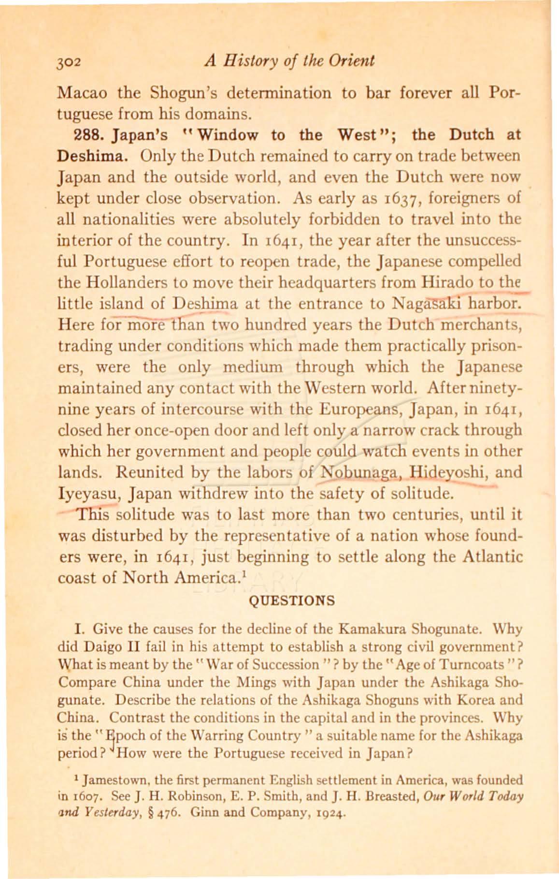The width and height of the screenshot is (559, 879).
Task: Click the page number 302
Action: (71, 62)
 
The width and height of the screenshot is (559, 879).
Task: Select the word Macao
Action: (81, 92)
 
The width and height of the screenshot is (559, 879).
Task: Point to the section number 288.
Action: (72, 134)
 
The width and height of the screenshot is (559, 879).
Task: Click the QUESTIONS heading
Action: (291, 601)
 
